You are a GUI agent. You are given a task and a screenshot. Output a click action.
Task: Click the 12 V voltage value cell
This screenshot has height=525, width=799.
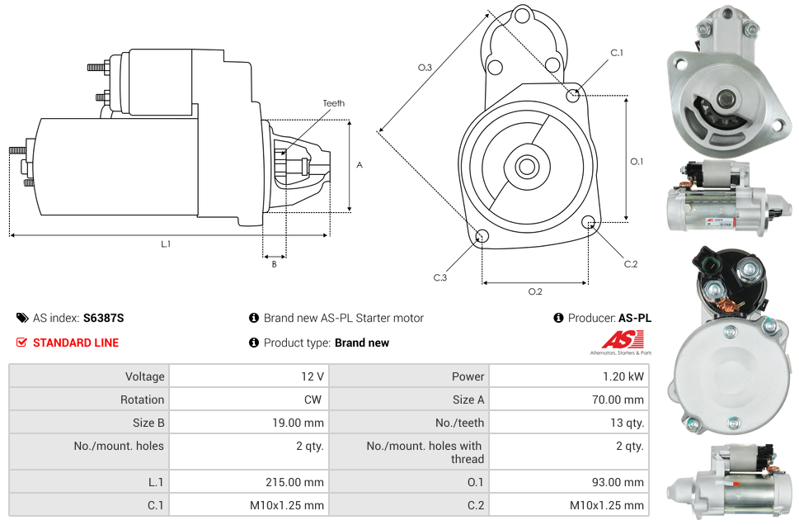pyautogui.click(x=312, y=376)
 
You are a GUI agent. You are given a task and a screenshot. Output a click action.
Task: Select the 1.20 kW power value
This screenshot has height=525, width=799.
pyautogui.click(x=623, y=376)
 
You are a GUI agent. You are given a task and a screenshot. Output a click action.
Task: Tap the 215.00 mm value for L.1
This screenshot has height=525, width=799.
pyautogui.click(x=294, y=482)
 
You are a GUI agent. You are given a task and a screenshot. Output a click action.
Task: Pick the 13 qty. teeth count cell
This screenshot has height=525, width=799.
pyautogui.click(x=627, y=423)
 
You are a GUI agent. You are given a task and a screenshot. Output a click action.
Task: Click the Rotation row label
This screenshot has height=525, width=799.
pyautogui.click(x=142, y=400)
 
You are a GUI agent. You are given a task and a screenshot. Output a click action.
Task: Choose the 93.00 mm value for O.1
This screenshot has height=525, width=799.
pyautogui.click(x=618, y=482)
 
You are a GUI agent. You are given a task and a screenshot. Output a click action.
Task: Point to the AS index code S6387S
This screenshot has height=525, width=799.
pyautogui.click(x=103, y=318)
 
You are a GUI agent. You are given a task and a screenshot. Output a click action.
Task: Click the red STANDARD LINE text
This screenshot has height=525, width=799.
pyautogui.click(x=76, y=343)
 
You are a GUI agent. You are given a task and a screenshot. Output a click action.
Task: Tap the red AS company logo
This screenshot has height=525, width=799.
pyautogui.click(x=623, y=340)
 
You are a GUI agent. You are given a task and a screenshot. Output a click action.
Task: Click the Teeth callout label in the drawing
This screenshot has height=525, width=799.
pyautogui.click(x=334, y=103)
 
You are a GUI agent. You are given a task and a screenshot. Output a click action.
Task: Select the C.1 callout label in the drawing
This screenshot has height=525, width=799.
pyautogui.click(x=617, y=53)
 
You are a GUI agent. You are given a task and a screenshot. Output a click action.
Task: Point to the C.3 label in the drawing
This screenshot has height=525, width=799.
pyautogui.click(x=440, y=277)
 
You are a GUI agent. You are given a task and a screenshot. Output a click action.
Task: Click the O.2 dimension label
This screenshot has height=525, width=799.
pyautogui.click(x=535, y=291)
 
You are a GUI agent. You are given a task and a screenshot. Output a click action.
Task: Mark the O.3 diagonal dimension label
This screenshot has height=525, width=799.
pyautogui.click(x=425, y=68)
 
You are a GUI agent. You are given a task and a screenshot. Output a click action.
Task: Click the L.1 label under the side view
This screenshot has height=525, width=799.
pyautogui.click(x=166, y=244)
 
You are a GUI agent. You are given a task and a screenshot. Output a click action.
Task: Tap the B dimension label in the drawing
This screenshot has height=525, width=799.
pyautogui.click(x=274, y=264)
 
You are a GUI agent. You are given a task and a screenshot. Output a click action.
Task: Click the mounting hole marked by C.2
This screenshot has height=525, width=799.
pyautogui.click(x=589, y=222)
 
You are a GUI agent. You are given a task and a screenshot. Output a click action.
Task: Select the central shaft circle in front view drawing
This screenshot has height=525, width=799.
pyautogui.click(x=526, y=166)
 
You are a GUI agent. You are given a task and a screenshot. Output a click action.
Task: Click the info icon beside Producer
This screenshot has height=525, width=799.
pyautogui.click(x=558, y=318)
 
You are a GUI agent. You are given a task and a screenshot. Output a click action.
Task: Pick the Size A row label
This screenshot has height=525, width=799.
pyautogui.click(x=468, y=400)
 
